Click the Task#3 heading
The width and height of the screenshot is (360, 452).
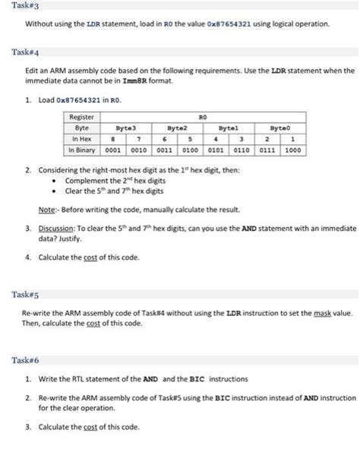tap(14, 6)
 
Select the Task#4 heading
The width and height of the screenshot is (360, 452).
tap(14, 52)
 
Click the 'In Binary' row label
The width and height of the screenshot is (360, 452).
tap(83, 150)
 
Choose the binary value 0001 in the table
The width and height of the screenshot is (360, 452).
tap(112, 150)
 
